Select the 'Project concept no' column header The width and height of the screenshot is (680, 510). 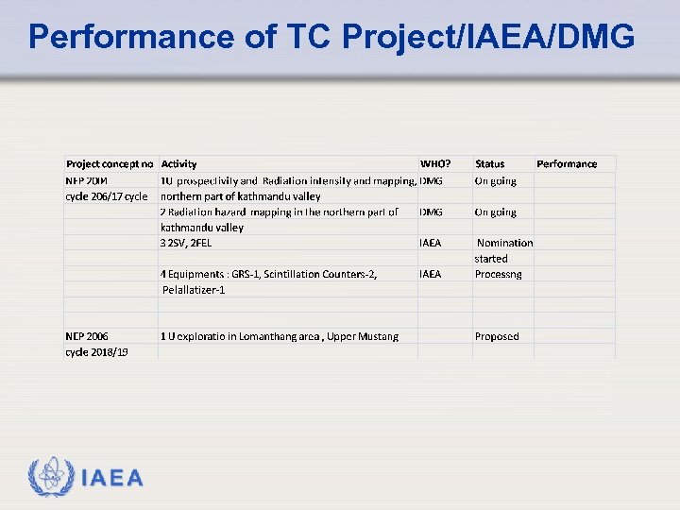click(x=110, y=164)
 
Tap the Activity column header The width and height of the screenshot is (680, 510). click(x=179, y=164)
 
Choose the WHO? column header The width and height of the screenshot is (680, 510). click(x=435, y=164)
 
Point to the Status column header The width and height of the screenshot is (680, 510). click(x=489, y=164)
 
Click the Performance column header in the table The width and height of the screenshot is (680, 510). click(x=567, y=164)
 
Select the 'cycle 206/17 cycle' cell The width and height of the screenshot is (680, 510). click(x=107, y=196)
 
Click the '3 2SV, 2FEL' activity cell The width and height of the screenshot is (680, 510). click(x=186, y=243)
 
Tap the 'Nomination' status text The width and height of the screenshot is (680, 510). click(x=505, y=243)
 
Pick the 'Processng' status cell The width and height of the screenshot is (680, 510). click(x=498, y=274)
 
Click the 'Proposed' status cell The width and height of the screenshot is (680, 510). click(x=497, y=336)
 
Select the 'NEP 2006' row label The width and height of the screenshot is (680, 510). click(x=87, y=336)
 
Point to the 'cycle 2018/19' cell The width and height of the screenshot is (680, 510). click(x=97, y=351)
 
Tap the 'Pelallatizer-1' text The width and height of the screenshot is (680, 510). click(x=194, y=290)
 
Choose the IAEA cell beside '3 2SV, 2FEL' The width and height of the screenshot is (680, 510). click(x=431, y=243)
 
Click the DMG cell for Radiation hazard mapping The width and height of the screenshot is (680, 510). click(x=431, y=212)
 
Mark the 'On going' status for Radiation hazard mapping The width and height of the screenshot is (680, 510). click(x=496, y=212)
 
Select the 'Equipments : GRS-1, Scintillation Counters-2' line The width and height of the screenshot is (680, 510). click(x=270, y=274)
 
